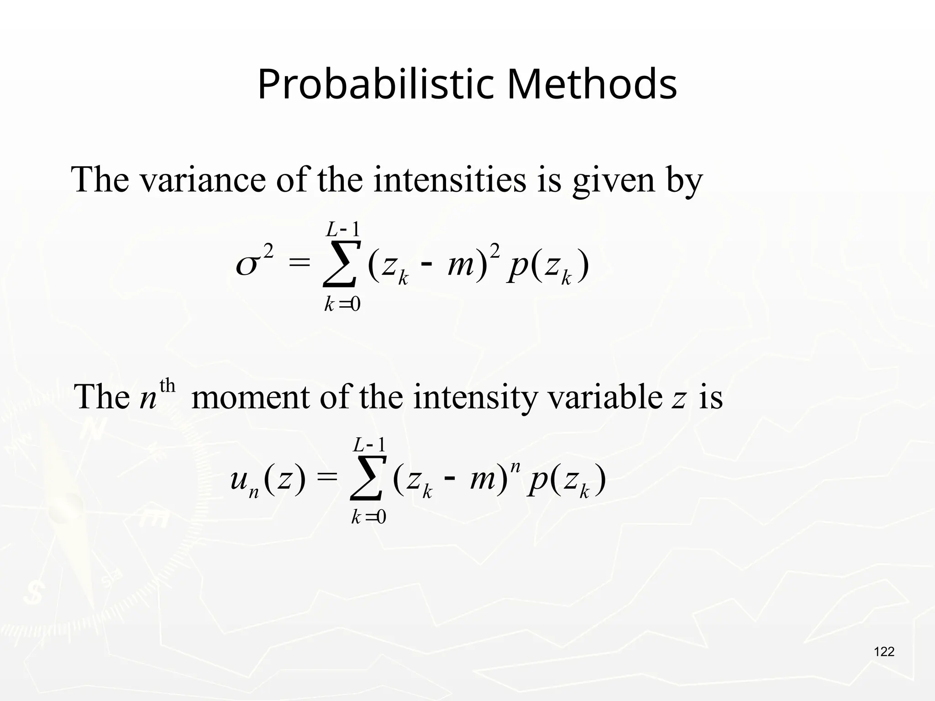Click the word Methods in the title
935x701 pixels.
[x=592, y=84]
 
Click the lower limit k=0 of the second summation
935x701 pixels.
[x=368, y=517]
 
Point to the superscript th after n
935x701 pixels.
[x=168, y=386]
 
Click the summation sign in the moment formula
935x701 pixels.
[x=368, y=479]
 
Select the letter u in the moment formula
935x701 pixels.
[x=238, y=480]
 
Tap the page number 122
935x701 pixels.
[x=884, y=652]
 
